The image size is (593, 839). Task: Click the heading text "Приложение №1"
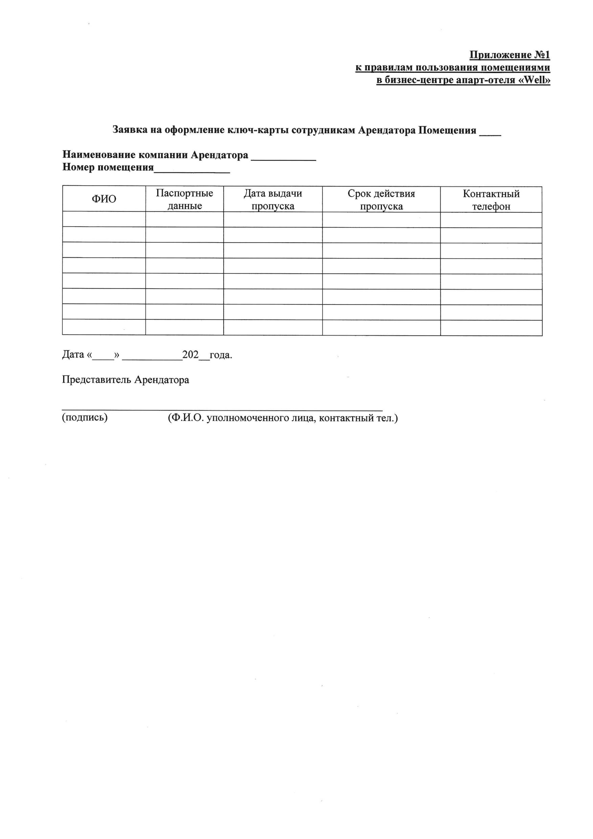pos(509,55)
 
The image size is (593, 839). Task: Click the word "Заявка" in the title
pos(130,130)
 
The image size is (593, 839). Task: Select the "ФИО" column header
pos(104,199)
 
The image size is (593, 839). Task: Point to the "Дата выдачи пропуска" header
pos(273,200)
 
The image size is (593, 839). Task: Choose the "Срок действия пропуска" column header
pos(381,200)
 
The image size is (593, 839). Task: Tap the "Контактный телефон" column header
pos(491,200)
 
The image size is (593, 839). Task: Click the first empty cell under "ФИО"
pos(104,219)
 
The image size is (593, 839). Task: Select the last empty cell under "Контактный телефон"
pos(491,328)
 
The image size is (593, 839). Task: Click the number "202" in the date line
pos(190,355)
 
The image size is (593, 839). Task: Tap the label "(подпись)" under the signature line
pos(85,417)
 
